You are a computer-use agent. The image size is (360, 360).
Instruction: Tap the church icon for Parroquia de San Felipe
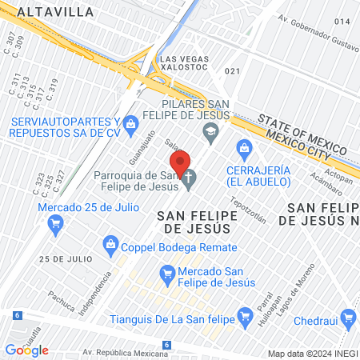190,177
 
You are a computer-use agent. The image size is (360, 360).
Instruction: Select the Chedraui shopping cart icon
348,318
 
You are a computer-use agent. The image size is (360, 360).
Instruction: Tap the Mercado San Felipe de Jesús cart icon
166,274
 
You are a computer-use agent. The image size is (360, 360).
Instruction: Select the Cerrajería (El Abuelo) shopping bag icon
245,148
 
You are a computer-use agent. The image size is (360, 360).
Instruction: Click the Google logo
26,350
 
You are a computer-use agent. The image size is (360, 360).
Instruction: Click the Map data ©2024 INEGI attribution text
311,354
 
